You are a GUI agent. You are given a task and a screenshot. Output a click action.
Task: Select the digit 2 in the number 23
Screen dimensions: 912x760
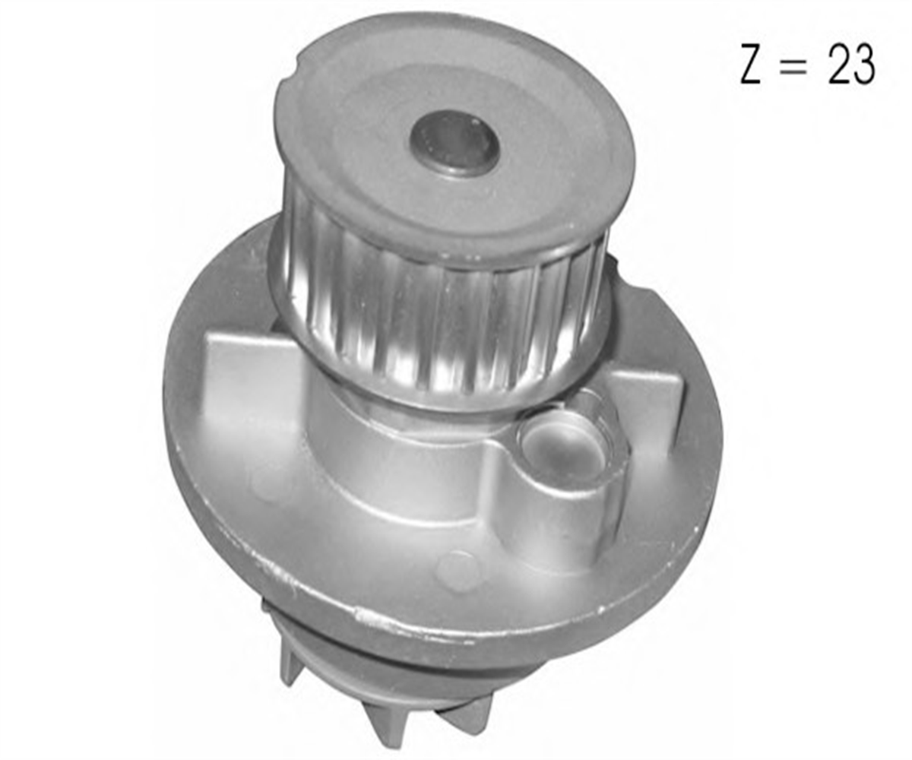point(838,65)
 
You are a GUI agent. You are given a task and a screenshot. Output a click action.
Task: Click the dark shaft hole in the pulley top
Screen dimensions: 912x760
point(454,142)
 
